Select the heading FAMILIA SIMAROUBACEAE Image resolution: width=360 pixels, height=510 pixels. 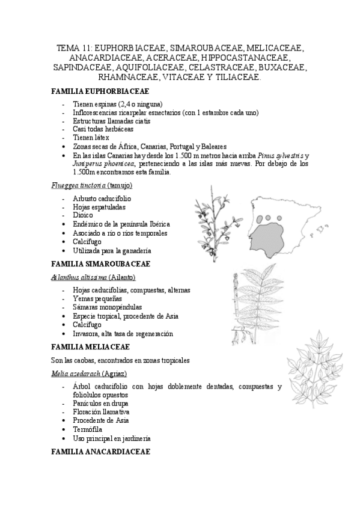point(100,263)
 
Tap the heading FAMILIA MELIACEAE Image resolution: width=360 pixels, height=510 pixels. point(92,346)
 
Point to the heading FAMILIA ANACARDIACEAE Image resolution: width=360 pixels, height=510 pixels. point(101,451)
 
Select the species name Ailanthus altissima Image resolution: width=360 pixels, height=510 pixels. point(79,277)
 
